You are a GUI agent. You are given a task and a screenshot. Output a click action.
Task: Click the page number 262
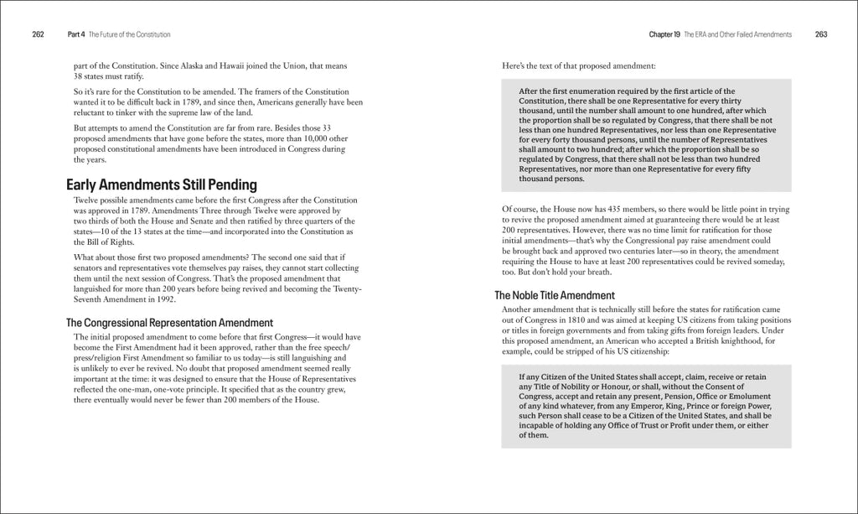(38, 34)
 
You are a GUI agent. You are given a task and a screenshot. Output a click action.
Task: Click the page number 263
(820, 34)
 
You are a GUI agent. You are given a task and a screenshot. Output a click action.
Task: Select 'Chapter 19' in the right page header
(664, 34)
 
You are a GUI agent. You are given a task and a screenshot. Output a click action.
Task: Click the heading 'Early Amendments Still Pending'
(162, 184)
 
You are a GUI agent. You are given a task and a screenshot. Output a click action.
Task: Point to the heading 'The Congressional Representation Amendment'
(170, 322)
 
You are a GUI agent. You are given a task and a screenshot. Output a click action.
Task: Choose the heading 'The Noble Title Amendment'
(555, 295)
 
